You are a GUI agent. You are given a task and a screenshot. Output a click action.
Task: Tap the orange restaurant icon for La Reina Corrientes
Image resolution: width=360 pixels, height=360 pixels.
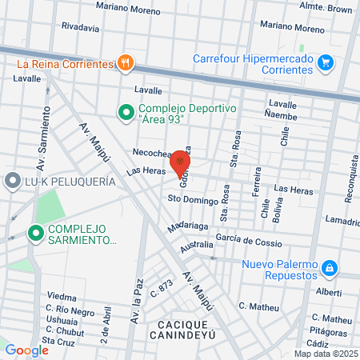(x=124, y=62)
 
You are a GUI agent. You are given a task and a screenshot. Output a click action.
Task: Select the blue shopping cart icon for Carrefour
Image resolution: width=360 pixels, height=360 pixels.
(x=325, y=62)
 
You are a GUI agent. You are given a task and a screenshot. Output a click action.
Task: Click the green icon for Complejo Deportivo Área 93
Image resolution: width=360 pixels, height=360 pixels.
(x=126, y=113)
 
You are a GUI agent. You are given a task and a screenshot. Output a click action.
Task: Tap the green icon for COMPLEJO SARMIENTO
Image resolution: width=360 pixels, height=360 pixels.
(x=35, y=233)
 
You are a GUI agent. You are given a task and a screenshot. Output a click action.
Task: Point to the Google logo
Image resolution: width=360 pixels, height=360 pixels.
(x=26, y=350)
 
